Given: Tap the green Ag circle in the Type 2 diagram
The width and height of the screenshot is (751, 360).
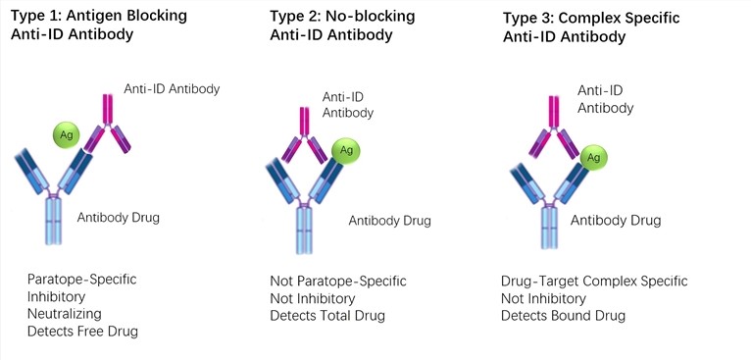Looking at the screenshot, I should point(345,149).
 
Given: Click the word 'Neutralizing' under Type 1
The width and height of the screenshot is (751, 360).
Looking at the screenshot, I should point(64,314).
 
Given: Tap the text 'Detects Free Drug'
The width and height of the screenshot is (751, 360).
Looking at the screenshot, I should point(82,332).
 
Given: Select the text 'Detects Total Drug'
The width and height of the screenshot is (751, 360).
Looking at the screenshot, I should point(327,315).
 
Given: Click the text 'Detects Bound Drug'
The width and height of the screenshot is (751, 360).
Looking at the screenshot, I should point(563,315).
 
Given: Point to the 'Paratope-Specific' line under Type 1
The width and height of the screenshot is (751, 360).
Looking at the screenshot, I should point(81,279).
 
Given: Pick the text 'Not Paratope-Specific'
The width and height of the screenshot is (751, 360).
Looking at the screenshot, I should point(337,282).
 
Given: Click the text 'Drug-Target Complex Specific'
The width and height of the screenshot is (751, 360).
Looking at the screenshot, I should point(594,282).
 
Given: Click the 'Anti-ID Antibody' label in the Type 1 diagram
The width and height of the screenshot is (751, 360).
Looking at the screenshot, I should point(172,89).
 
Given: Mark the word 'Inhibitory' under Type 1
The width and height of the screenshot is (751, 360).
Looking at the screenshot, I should point(57,296).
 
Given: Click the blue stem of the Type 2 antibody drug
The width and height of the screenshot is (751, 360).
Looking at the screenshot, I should point(304,230).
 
